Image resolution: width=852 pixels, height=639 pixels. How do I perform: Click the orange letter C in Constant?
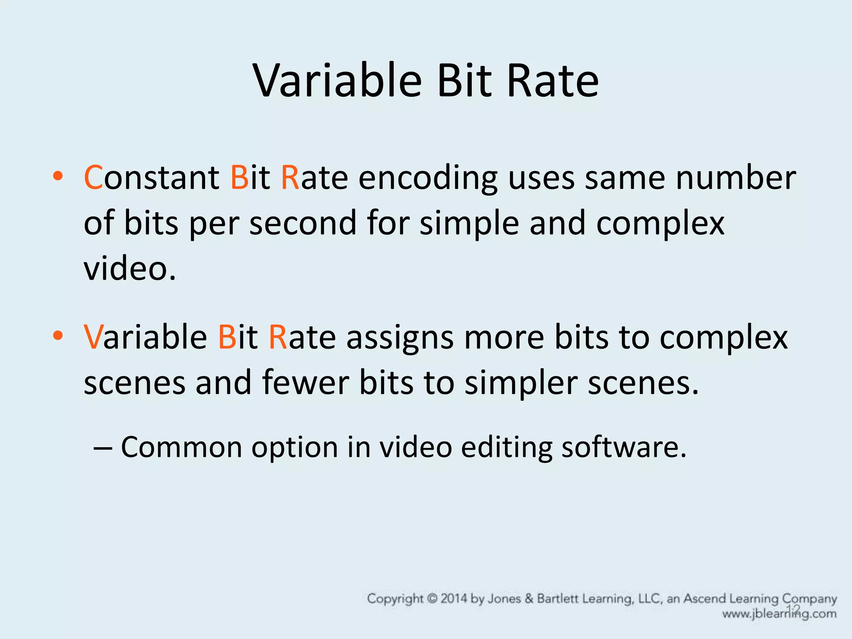pyautogui.click(x=93, y=178)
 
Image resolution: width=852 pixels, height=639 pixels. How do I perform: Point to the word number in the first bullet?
pyautogui.click(x=736, y=178)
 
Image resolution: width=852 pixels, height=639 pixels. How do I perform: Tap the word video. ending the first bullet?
pyautogui.click(x=130, y=268)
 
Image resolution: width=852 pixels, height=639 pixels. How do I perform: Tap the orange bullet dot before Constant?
pyautogui.click(x=58, y=176)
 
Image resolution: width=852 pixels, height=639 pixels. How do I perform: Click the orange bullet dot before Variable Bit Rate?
pyautogui.click(x=58, y=335)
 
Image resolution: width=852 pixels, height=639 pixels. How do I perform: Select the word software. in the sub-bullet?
pyautogui.click(x=624, y=447)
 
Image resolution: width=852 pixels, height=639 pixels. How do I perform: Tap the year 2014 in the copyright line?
pyautogui.click(x=453, y=599)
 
